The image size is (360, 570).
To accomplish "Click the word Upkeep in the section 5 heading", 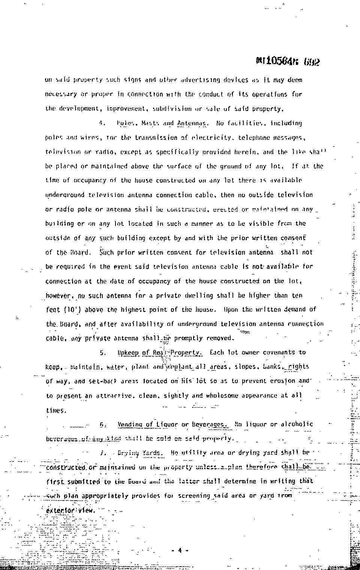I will pos(128,352).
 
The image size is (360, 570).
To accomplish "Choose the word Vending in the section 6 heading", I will pos(130,424).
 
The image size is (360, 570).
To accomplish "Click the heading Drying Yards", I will pos(140,453).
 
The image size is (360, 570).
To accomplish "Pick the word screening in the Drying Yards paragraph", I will pos(194,496).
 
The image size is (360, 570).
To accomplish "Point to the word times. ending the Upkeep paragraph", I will pos(56,410).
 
